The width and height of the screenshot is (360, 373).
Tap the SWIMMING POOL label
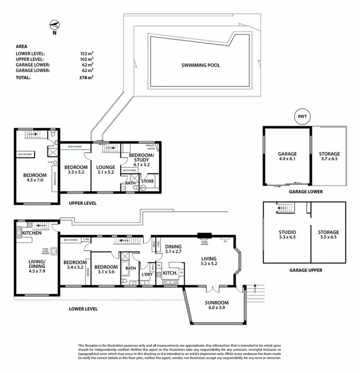[x=201, y=65]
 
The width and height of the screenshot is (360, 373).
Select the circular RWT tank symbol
[x=302, y=117]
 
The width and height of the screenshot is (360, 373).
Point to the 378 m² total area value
[x=86, y=77]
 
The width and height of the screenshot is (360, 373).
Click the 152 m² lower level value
[x=86, y=53]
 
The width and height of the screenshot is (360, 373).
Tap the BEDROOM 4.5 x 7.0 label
[x=35, y=179]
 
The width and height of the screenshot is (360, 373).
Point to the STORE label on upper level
[x=148, y=181]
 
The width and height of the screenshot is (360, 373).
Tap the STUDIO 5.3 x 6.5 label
[x=288, y=235]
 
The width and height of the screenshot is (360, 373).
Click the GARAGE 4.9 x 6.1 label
[x=287, y=157]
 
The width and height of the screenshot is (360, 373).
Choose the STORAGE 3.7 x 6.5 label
[x=329, y=156]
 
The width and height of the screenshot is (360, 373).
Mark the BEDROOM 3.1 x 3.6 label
[x=106, y=270]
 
